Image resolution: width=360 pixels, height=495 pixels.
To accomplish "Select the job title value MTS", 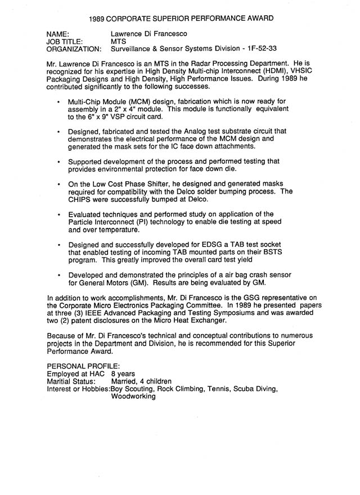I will [x=119, y=41].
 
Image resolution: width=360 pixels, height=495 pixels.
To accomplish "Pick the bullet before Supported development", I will [x=59, y=161].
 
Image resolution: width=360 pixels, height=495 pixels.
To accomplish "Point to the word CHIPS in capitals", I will [x=82, y=199].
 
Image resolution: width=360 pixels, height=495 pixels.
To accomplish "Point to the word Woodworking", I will [x=133, y=395].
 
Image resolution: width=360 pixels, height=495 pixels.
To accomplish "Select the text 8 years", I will [x=124, y=373].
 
